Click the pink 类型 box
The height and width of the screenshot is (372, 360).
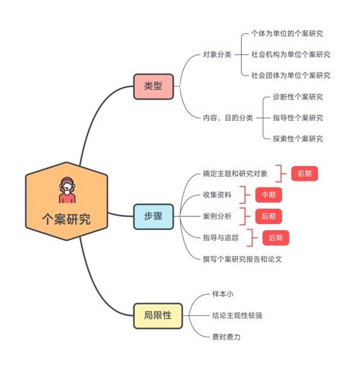click(x=153, y=86)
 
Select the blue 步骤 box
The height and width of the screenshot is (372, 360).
click(x=153, y=216)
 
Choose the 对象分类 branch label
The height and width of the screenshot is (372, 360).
click(x=217, y=54)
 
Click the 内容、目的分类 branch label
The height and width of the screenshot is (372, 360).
click(x=228, y=118)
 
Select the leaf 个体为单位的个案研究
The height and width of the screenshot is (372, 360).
click(x=287, y=33)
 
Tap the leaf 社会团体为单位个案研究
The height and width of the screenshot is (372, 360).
click(x=291, y=75)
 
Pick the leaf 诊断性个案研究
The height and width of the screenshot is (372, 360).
click(x=297, y=97)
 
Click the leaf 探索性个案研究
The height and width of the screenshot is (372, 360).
click(x=297, y=138)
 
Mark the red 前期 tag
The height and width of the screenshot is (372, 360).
click(x=304, y=174)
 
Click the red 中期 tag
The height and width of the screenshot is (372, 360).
click(x=269, y=195)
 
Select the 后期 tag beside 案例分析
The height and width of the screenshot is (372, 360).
click(x=269, y=216)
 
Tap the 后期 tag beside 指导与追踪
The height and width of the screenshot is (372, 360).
click(x=275, y=236)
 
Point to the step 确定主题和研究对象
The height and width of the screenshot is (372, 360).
click(x=235, y=174)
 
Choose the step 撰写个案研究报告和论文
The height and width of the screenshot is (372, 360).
click(x=242, y=257)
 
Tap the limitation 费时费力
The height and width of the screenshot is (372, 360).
click(x=226, y=335)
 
